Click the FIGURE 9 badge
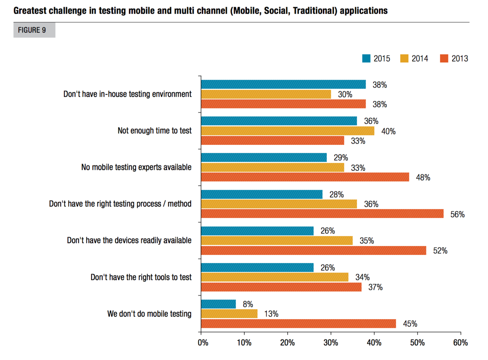coord(34,30)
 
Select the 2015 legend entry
coord(376,58)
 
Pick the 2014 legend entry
coord(414,58)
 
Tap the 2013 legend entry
coord(454,58)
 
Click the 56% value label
coord(458,214)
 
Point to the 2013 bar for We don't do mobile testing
coord(298,324)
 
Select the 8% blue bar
coord(218,304)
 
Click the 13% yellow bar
coord(229,314)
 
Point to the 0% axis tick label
coord(203,343)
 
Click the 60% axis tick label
coord(460,343)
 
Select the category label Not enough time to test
coord(154,131)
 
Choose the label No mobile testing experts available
coord(136,167)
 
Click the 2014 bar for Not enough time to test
coord(288,131)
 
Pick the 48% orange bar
coord(305,177)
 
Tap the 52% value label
coord(440,251)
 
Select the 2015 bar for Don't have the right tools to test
coord(257,268)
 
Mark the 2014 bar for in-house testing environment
coord(266,94)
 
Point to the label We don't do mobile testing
coord(149,314)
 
